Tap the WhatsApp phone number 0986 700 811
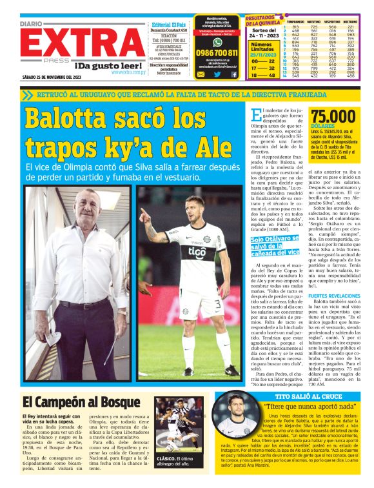pos(217,53)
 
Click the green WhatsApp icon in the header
pos(217,40)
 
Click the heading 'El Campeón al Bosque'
pos(72,401)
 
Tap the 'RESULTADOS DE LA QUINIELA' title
pos(264,22)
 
